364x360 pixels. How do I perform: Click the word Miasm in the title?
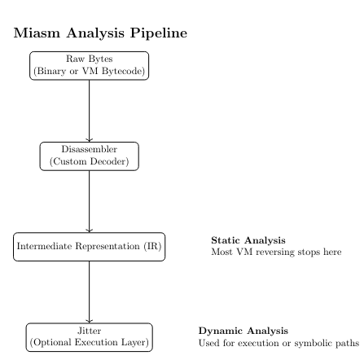tap(37, 33)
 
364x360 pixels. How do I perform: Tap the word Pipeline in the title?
tap(159, 33)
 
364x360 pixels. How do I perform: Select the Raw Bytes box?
tap(90, 66)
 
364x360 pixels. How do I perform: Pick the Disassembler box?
tap(90, 156)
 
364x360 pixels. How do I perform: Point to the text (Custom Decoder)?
tap(90, 161)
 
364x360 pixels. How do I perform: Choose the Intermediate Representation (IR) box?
tap(90, 247)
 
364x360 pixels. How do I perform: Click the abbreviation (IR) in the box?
tap(153, 246)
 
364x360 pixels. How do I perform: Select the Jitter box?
tap(90, 337)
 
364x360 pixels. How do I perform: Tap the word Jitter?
tap(90, 331)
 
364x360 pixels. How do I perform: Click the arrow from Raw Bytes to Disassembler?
tap(90, 111)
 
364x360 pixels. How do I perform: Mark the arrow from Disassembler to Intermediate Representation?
tap(90, 201)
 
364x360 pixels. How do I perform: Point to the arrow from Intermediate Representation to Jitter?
tap(90, 292)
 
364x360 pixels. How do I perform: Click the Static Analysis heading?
tap(248, 240)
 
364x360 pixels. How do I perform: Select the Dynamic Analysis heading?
tap(243, 331)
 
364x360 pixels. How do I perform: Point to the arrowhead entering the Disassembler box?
tap(90, 139)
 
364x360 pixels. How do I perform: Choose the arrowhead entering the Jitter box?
tap(90, 321)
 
